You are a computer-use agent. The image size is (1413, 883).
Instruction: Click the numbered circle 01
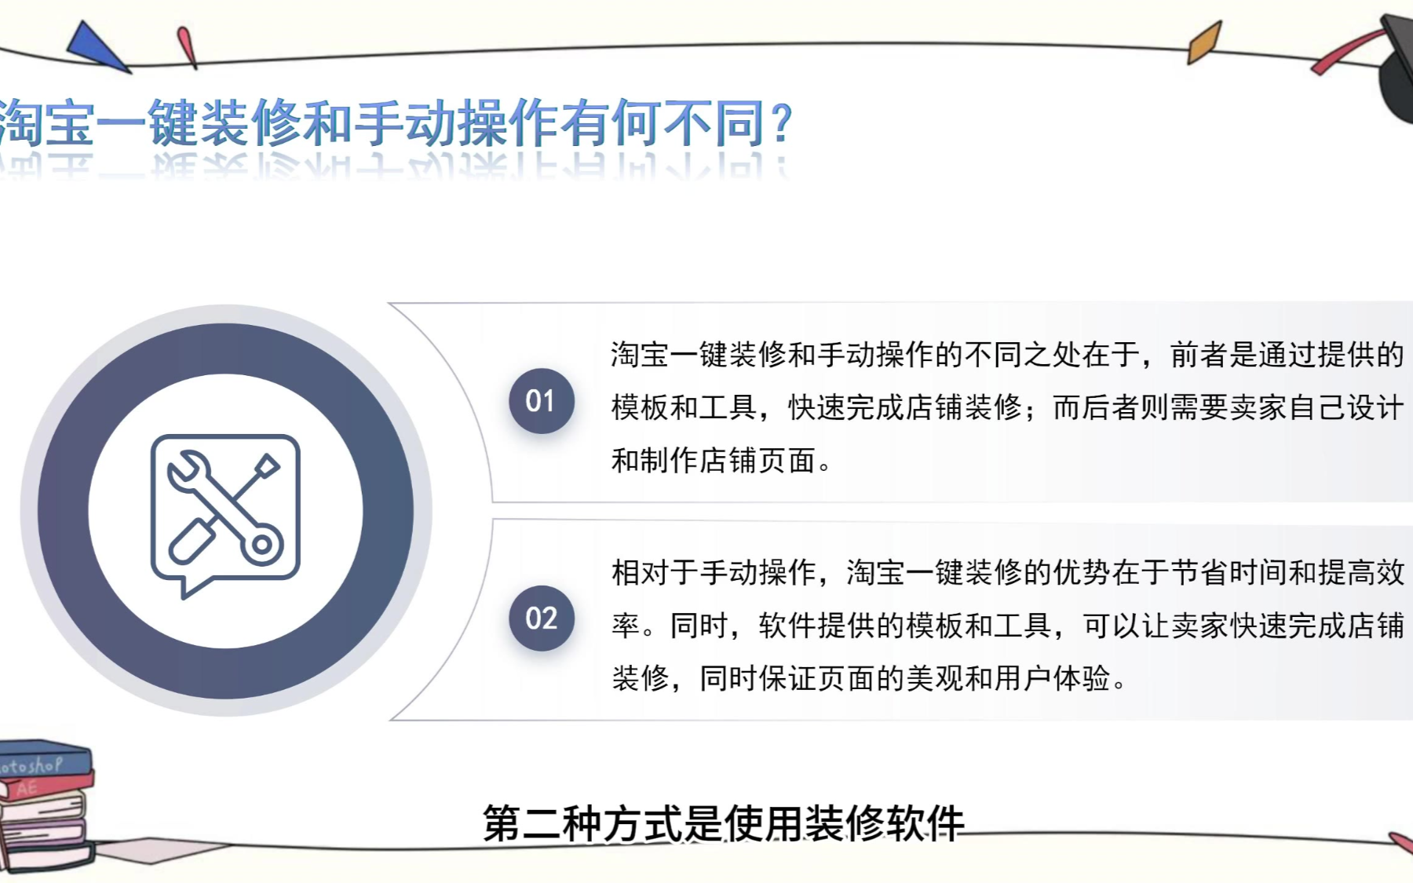point(542,401)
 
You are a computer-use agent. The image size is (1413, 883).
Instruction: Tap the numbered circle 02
point(542,618)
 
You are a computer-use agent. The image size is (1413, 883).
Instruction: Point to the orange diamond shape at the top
point(1204,42)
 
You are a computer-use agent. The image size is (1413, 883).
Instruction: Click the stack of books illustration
point(46,805)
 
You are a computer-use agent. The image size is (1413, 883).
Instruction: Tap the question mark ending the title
point(781,124)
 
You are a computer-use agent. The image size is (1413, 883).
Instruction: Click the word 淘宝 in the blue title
point(47,123)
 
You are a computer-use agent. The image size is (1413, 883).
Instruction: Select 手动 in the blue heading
point(405,123)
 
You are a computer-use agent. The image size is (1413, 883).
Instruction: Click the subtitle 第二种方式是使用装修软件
point(723,823)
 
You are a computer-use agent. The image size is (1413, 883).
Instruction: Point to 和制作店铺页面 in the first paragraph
point(714,461)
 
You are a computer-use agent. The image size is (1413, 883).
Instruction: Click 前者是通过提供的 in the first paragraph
point(1287,355)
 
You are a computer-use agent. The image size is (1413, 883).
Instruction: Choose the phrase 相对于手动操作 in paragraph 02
point(714,573)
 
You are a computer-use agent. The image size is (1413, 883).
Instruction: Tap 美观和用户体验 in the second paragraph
point(1008,678)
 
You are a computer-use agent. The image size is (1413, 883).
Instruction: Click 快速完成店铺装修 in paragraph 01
point(905,407)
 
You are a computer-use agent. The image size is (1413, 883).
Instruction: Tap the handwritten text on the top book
point(31,765)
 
